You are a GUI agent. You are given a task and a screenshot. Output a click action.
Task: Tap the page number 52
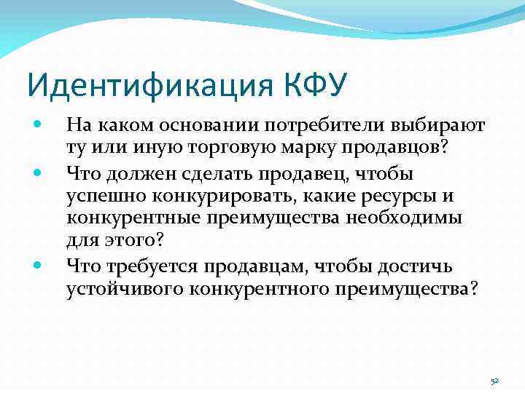[x=495, y=381]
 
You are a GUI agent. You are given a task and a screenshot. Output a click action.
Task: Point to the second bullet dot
[x=39, y=173]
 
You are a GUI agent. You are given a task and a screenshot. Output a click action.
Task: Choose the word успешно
[x=101, y=196]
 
